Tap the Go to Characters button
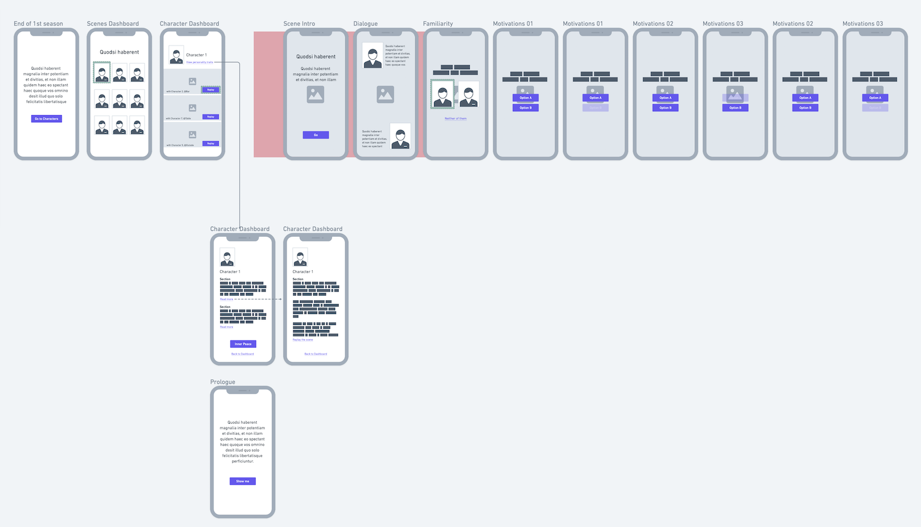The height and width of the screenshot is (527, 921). point(46,119)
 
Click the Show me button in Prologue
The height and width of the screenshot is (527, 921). point(242,481)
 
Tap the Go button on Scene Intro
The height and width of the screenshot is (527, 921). point(315,135)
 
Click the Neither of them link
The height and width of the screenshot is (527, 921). point(455,119)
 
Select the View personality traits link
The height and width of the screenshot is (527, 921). point(200,62)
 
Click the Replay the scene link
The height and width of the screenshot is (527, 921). point(303,340)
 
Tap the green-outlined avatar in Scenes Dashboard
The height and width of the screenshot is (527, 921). point(102,73)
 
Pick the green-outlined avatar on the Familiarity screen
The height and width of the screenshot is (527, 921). point(442,94)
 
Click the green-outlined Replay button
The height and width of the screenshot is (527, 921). point(211,90)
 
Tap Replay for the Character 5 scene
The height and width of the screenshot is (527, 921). point(211,143)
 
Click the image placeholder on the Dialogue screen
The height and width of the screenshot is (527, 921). point(385,94)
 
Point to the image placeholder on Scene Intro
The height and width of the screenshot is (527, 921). point(315,94)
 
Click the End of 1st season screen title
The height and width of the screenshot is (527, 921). point(38,24)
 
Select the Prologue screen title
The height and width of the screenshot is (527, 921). point(223,382)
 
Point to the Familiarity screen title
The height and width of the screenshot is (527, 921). point(437,24)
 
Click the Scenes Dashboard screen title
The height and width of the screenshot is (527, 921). point(113,24)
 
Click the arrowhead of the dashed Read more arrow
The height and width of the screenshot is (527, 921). point(281,299)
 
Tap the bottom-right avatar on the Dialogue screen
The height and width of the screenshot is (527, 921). point(400,137)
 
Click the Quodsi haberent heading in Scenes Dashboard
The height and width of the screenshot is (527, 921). point(119,52)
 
